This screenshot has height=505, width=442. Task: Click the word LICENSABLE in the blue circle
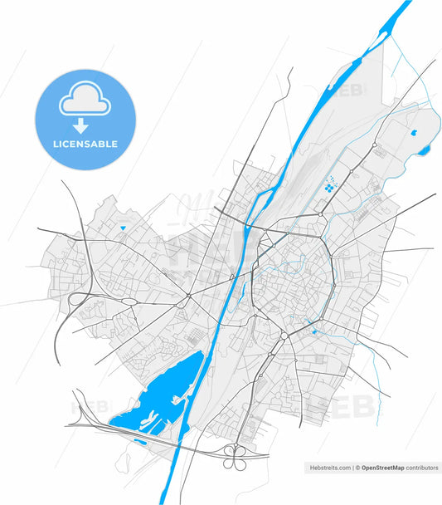coord(85,144)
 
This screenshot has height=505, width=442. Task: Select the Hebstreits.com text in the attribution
coord(329,468)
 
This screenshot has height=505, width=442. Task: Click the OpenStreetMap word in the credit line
coord(382,468)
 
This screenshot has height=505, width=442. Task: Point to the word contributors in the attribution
coord(422,468)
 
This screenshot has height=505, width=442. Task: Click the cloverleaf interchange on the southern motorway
coord(235,453)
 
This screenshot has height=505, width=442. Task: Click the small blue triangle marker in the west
coord(123,228)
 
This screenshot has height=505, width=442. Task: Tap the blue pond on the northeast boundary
coord(425,150)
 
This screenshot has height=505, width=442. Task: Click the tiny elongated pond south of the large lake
coord(138,440)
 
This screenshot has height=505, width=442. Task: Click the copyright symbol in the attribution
coord(357,468)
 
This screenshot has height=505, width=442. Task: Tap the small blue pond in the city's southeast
coord(313,332)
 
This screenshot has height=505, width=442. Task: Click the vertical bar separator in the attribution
coord(352,468)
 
